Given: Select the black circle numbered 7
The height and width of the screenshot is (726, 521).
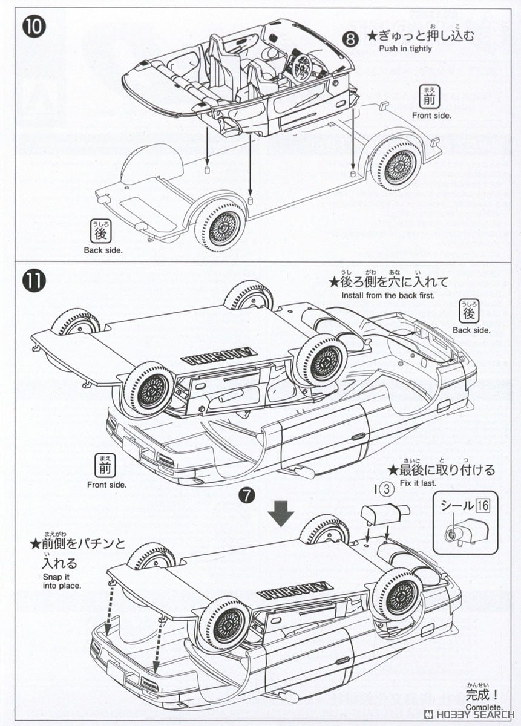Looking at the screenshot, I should tap(246, 495).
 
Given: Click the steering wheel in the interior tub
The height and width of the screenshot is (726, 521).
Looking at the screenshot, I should tap(301, 67).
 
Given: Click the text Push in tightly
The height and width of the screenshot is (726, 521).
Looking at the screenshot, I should tap(405, 49).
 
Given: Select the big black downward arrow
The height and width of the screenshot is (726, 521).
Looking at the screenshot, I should tap(281, 513).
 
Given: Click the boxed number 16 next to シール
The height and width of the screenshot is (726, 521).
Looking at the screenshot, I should tap(482, 505).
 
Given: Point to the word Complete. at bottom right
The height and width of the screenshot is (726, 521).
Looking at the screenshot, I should tap(483, 707).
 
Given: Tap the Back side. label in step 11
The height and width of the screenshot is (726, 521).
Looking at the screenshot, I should tap(471, 330).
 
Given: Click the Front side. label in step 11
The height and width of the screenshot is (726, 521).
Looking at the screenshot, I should tap(106, 485).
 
